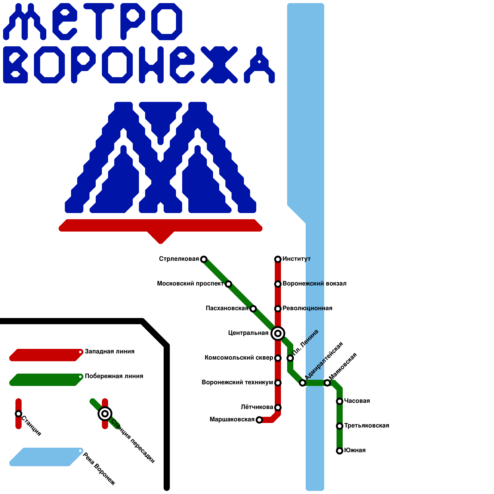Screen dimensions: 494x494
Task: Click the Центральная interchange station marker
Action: point(278,333)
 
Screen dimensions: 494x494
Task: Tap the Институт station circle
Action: point(278,259)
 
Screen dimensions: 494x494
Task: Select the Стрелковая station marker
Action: point(204,259)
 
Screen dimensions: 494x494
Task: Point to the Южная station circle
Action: point(340,450)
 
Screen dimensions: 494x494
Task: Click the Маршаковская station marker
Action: point(259,420)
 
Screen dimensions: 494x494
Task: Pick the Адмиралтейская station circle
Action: point(303,383)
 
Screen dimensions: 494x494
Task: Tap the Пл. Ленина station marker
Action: point(290,358)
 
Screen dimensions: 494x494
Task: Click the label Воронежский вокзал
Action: point(314,283)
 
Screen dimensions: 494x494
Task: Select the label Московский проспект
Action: point(190,283)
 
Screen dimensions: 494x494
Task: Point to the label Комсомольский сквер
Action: point(239,358)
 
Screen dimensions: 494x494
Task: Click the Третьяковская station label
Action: point(366,425)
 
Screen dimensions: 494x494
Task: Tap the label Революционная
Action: point(307,308)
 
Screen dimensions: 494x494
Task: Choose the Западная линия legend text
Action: point(110,351)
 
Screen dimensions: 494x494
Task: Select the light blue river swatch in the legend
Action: point(46,457)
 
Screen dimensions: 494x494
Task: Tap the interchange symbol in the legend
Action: point(105,414)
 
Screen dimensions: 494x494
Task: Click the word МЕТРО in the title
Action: point(93,22)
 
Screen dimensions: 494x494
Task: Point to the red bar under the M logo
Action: point(161,227)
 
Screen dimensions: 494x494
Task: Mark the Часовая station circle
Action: point(340,401)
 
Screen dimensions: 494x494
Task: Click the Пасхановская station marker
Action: point(253,308)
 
